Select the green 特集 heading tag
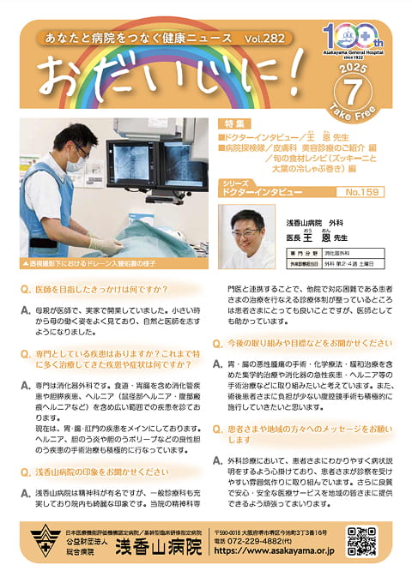(x=234, y=124)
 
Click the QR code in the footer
(x=361, y=542)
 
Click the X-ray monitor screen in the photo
(x=146, y=165)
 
